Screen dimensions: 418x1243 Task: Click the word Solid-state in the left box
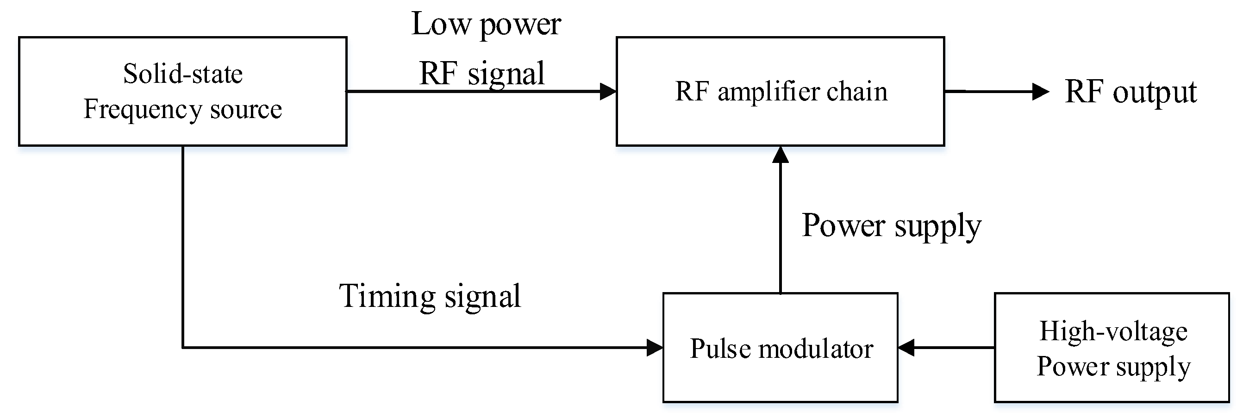click(x=182, y=75)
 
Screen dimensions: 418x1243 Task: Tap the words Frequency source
click(x=182, y=110)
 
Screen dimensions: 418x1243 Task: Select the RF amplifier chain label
click(x=781, y=92)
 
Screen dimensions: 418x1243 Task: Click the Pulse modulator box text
click(x=781, y=349)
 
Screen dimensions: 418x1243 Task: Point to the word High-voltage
click(x=1113, y=331)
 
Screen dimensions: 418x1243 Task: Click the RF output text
click(x=1130, y=92)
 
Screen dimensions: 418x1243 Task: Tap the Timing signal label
click(x=430, y=296)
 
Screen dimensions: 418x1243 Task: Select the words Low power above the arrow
click(x=486, y=24)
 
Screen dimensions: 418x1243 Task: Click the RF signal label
click(x=481, y=74)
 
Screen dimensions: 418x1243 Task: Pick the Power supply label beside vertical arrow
click(x=891, y=226)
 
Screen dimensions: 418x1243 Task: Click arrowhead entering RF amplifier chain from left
click(x=608, y=91)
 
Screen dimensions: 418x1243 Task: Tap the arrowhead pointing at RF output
click(x=1040, y=91)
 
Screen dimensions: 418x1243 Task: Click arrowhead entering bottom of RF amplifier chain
click(x=780, y=155)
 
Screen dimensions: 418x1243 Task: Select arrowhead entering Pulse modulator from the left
click(x=655, y=348)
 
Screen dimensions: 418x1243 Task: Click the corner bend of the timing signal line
click(x=183, y=347)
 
